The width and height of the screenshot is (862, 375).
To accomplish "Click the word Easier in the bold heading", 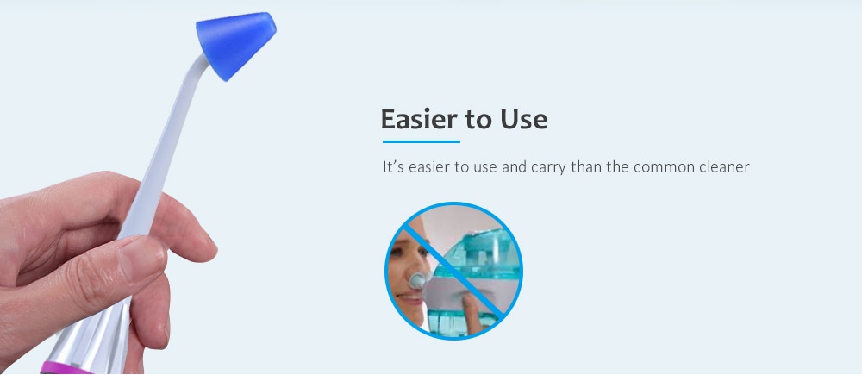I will [x=417, y=119].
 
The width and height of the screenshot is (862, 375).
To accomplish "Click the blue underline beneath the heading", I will [x=421, y=141].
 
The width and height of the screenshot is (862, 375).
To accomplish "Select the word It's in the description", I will [x=392, y=166].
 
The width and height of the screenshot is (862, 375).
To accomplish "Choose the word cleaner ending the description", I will [x=724, y=166].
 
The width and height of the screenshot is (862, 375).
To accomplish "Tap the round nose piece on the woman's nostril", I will [x=417, y=282].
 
